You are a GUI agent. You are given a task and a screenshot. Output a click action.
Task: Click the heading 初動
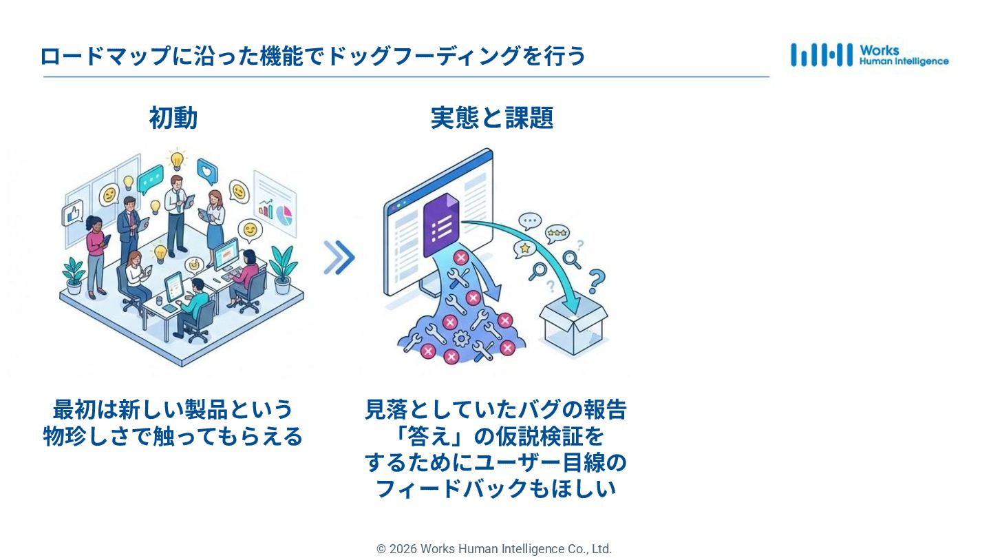click(x=173, y=118)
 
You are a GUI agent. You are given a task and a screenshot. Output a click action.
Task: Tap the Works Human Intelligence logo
click(x=869, y=55)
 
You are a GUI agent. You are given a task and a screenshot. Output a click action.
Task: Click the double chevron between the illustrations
click(x=339, y=258)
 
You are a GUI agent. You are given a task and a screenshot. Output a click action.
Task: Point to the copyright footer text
click(x=493, y=549)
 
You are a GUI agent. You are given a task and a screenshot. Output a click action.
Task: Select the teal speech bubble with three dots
click(x=150, y=180)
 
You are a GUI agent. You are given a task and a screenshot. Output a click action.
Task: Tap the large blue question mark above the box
click(x=596, y=281)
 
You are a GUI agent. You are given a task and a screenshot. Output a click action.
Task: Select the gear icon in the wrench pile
click(x=461, y=338)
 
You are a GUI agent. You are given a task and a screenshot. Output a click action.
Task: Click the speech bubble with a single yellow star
click(x=525, y=247)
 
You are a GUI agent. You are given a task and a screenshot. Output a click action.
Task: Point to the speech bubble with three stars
click(x=556, y=233)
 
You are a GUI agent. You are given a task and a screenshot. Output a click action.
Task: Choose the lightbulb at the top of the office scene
click(x=177, y=159)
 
